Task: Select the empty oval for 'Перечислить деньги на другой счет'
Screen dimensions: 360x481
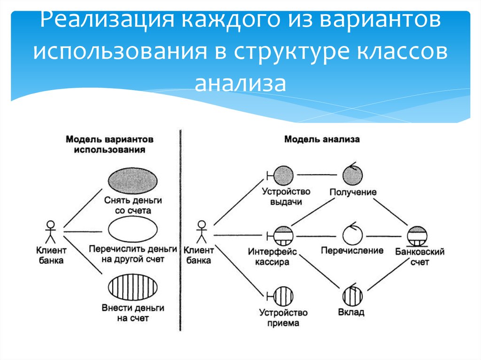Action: [x=133, y=231]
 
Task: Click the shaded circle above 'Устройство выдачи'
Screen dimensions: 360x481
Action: [x=283, y=176]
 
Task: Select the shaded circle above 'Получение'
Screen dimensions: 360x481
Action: [x=353, y=175]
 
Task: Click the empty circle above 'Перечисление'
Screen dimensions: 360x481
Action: [x=353, y=233]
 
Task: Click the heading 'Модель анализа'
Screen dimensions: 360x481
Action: [x=322, y=139]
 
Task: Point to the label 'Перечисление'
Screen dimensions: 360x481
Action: [x=352, y=251]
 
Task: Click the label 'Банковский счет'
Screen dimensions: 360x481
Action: [x=419, y=257]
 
